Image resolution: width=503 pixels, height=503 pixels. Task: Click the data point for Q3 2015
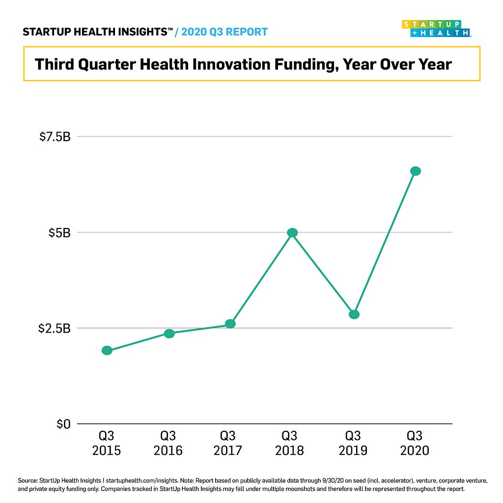[107, 350]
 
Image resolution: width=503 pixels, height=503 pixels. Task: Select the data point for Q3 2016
[169, 334]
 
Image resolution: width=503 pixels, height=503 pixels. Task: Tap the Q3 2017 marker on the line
[230, 324]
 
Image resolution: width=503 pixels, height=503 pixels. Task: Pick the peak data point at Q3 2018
[292, 232]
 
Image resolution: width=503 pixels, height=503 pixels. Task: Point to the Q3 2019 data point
[354, 314]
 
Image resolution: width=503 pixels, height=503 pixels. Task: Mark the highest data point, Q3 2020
[416, 171]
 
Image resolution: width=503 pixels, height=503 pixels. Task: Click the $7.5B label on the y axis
[55, 137]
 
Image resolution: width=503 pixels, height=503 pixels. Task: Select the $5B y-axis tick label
[59, 232]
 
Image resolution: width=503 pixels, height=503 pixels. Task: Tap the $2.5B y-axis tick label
[55, 328]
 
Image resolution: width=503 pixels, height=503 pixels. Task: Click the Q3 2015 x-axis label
[107, 443]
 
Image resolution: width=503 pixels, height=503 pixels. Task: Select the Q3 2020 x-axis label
[415, 443]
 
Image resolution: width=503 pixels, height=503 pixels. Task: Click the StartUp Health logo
[436, 28]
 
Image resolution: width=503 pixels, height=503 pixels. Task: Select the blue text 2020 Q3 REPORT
[224, 32]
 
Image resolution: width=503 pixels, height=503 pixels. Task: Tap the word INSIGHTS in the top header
[140, 32]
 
